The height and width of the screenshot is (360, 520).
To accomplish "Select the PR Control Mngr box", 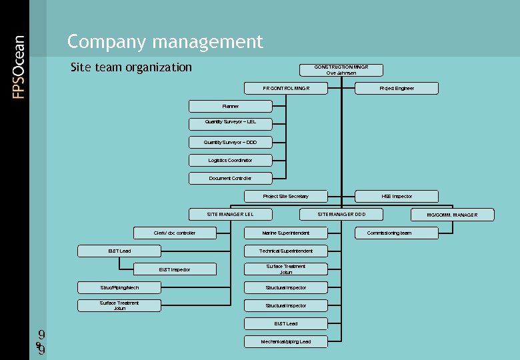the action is (285, 88).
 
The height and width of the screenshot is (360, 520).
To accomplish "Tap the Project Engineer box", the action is (397, 88).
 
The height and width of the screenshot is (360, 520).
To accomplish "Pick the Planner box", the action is (230, 106).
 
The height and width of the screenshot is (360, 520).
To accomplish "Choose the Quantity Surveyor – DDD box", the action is (230, 142).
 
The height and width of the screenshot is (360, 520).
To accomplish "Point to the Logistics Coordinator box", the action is (230, 160).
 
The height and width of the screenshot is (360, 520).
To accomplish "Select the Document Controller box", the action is (230, 178).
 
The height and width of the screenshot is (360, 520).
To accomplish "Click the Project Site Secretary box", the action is (285, 196).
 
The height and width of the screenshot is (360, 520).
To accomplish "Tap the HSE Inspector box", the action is (397, 196).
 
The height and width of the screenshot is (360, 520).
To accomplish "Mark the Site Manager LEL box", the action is (230, 214).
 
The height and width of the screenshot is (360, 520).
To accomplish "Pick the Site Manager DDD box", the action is (341, 214).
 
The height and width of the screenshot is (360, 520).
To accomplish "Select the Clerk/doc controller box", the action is (175, 233).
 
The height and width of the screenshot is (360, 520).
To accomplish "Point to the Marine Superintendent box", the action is (285, 233).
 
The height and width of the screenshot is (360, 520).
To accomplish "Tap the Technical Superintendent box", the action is (285, 251).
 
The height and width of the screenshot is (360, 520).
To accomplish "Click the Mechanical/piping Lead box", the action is (285, 341).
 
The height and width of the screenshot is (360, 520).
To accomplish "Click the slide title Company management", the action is (165, 42).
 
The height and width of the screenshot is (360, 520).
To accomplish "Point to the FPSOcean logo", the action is (19, 67).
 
